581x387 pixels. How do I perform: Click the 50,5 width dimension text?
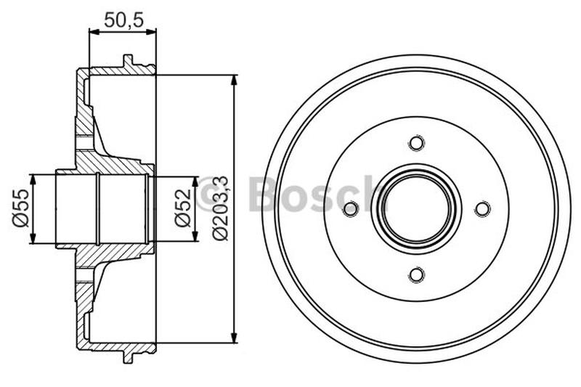122,20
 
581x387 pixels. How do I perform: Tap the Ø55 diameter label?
20,208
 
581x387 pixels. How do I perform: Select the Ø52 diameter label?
182,208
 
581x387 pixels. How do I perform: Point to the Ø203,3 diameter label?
221,208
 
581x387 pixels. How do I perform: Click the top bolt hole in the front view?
416,143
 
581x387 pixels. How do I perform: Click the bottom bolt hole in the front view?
416,274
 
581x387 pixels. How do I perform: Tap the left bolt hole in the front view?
351,209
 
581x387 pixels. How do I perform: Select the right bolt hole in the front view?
482,209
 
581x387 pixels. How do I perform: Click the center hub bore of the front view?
416,209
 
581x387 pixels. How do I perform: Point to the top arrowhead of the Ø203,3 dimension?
234,80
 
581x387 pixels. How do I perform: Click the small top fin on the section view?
129,62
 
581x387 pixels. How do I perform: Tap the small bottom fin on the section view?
129,355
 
